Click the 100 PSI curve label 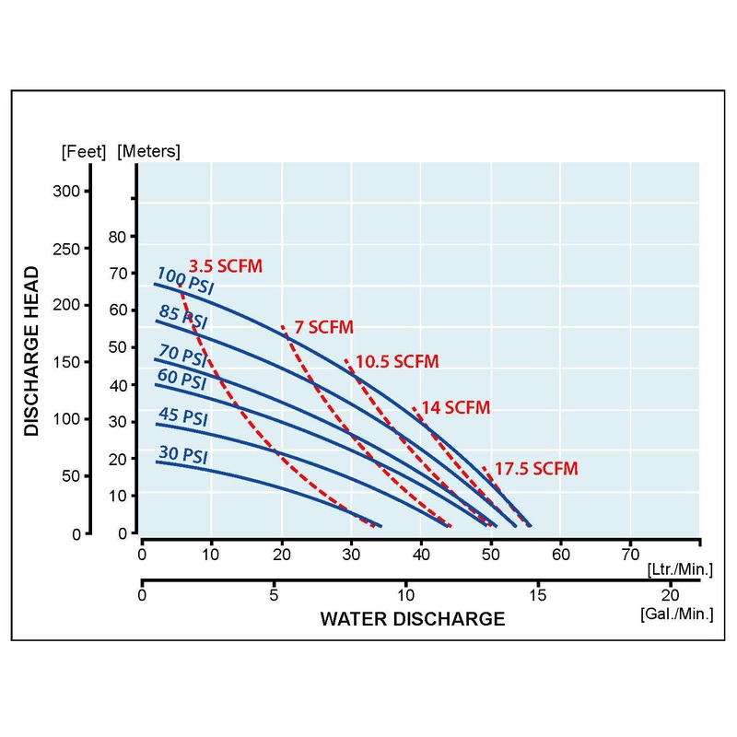pos(185,279)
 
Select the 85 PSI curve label pos(182,318)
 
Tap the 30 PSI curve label pos(182,455)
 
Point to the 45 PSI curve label pos(182,418)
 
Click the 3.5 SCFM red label pos(226,266)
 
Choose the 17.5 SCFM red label pos(536,469)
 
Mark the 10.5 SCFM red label pos(397,361)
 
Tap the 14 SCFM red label pos(455,407)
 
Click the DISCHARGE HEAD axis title pos(32,350)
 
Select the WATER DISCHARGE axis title pos(413,618)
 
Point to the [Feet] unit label pos(84,151)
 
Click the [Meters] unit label pos(149,151)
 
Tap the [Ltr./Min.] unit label pos(680,572)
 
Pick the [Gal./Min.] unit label pos(679,613)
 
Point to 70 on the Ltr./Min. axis pos(630,555)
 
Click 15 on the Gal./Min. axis pos(538,595)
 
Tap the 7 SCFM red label pos(322,328)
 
